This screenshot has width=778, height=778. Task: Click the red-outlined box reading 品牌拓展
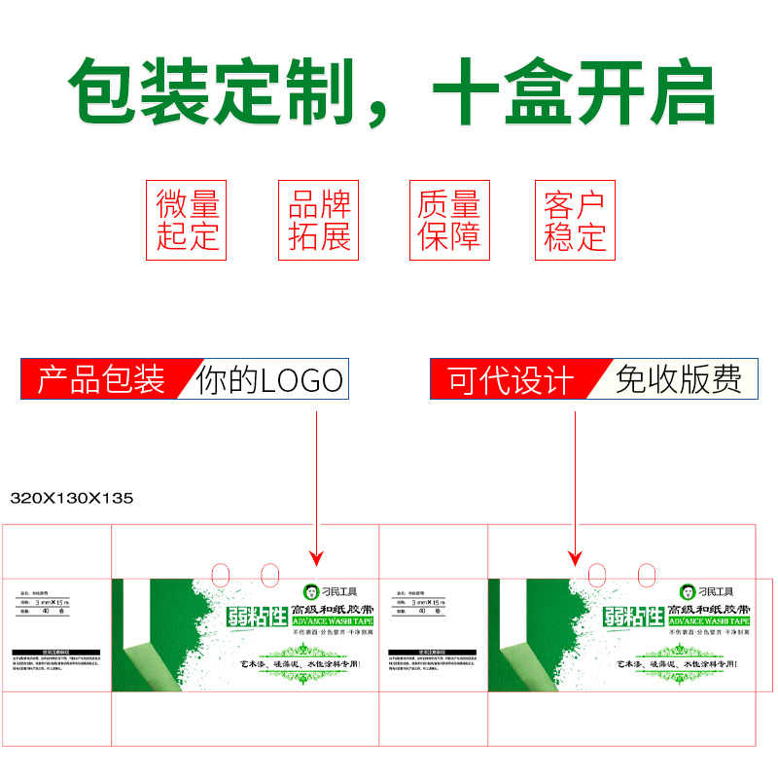[318, 220]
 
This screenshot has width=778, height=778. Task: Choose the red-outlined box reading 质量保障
[448, 220]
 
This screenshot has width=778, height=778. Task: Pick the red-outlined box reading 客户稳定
[575, 220]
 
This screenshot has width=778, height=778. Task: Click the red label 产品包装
[101, 379]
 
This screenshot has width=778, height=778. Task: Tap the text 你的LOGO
[270, 379]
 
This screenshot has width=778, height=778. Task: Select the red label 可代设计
[511, 379]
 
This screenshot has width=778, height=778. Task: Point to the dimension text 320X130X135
[71, 498]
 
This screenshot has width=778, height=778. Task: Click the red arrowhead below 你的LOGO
[316, 557]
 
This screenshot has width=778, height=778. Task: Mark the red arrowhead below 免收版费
[575, 558]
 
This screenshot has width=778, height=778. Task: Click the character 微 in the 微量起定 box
[171, 204]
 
